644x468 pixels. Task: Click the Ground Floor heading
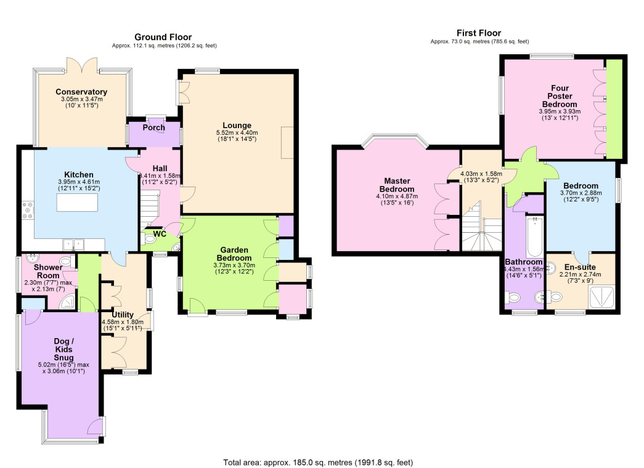[x=163, y=37]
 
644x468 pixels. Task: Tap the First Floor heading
[x=479, y=33]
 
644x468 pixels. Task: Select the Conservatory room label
[x=81, y=92]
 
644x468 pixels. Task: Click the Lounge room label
[x=237, y=126]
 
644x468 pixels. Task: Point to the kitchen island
[x=77, y=203]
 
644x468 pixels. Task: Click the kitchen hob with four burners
[x=28, y=210]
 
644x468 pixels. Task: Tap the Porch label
[x=154, y=127]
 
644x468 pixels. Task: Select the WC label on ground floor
[x=160, y=234]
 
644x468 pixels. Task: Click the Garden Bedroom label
[x=234, y=254]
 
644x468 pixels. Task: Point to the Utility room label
[x=123, y=315]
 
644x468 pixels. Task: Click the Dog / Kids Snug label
[x=63, y=349]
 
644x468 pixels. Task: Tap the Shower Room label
[x=48, y=272]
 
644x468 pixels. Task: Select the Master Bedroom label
[x=397, y=185]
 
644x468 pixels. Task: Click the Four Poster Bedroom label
[x=560, y=96]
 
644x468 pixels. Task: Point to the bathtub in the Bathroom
[x=535, y=237]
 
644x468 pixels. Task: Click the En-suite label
[x=580, y=267]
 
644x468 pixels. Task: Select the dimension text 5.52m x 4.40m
[x=237, y=133]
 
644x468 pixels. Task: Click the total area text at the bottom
[x=319, y=462]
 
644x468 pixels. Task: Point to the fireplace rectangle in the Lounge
[x=288, y=142]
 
